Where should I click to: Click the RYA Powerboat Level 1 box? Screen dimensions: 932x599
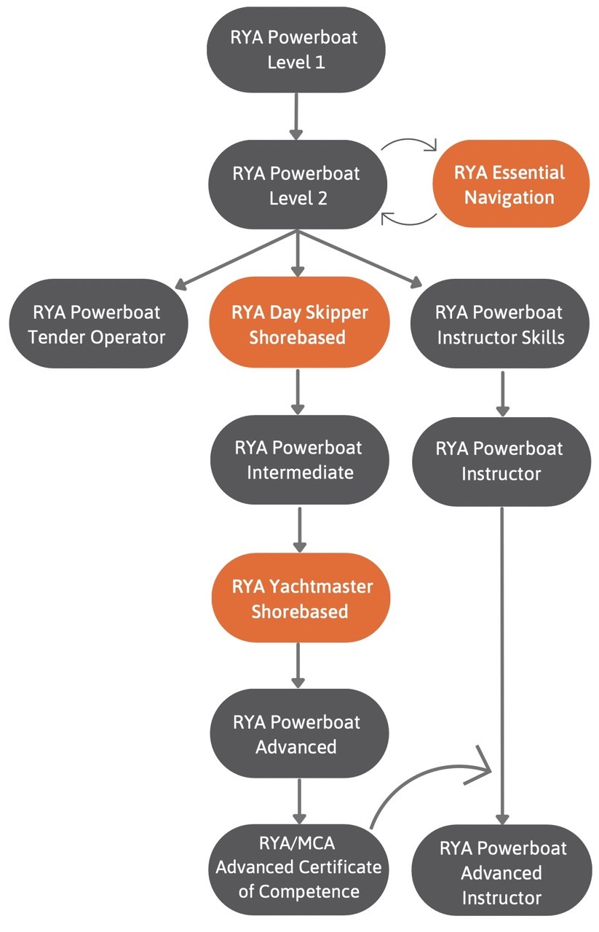click(x=295, y=50)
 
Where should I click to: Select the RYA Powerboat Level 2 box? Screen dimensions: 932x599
click(x=295, y=186)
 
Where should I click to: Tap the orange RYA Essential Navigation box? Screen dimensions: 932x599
click(x=509, y=185)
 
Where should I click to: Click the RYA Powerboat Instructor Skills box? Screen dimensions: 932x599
click(x=499, y=324)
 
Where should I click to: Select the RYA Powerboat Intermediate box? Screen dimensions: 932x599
click(x=297, y=459)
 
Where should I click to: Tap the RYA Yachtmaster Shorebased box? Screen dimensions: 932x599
click(x=300, y=599)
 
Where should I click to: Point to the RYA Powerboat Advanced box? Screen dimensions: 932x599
click(x=297, y=734)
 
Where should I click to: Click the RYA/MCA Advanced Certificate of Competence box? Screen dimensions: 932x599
click(x=298, y=866)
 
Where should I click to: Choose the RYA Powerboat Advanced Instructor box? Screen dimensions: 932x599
click(x=501, y=872)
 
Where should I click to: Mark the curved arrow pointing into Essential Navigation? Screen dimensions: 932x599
click(x=409, y=141)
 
